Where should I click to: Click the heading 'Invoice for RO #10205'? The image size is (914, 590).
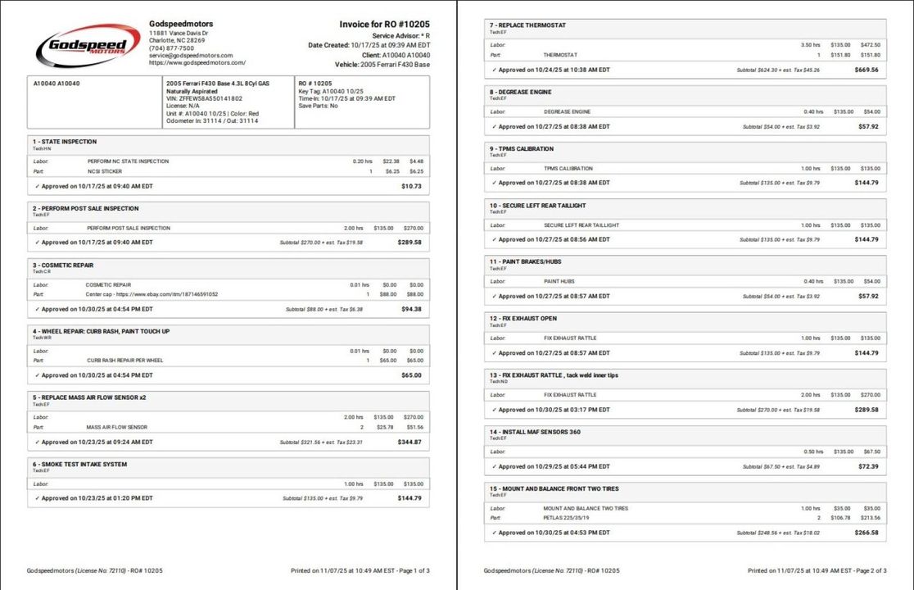(x=384, y=25)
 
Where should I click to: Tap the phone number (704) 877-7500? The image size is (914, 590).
(x=171, y=48)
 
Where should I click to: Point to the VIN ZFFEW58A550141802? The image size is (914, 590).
(x=205, y=98)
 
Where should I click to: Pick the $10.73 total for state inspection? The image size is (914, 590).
(x=412, y=186)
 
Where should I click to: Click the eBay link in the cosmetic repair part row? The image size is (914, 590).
(x=152, y=294)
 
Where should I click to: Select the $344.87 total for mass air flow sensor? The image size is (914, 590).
(x=409, y=442)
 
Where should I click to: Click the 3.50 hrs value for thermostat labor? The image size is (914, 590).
(x=810, y=45)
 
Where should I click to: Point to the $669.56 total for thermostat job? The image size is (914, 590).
(x=866, y=70)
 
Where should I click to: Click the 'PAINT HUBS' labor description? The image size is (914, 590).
(x=559, y=281)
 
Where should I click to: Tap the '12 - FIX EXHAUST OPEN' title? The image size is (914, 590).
(x=525, y=319)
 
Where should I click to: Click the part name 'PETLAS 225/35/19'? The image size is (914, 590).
(x=568, y=518)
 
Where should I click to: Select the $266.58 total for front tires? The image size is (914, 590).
(x=866, y=533)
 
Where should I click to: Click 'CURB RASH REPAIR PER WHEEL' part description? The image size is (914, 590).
(x=125, y=360)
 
